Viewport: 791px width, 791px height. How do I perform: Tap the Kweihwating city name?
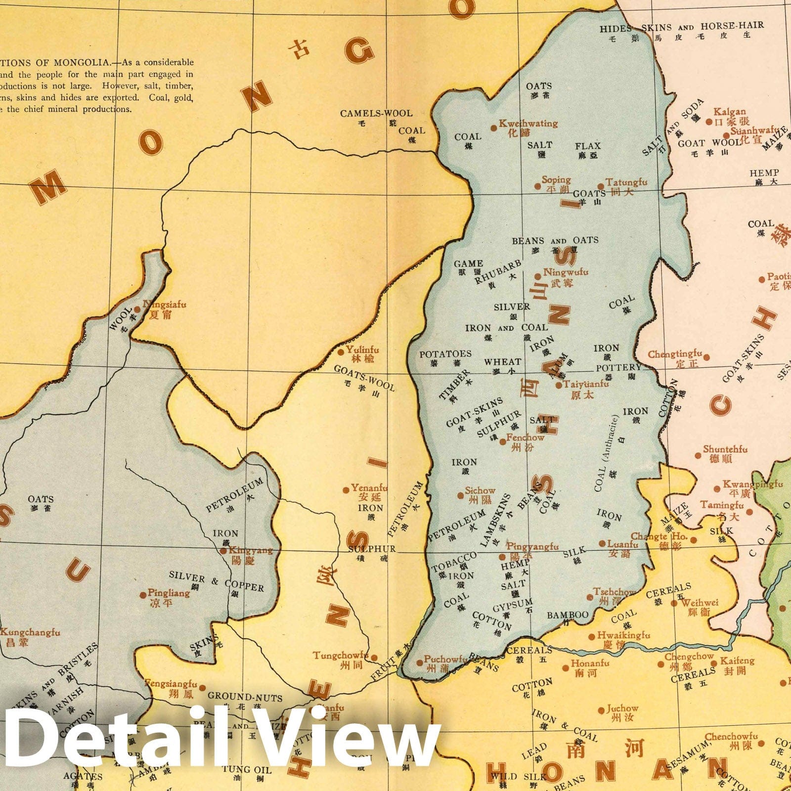(528, 124)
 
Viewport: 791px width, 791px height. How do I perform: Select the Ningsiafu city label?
(165, 305)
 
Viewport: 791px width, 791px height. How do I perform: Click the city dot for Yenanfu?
(346, 490)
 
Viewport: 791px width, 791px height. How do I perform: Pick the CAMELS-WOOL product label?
(376, 113)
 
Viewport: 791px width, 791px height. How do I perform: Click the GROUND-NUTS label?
(245, 697)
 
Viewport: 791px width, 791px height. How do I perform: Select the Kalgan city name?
(729, 112)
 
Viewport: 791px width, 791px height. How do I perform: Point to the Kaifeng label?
(737, 660)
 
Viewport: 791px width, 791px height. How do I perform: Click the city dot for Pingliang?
(143, 595)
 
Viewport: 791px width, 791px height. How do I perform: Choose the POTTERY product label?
(618, 368)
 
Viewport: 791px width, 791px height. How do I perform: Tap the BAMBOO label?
(568, 615)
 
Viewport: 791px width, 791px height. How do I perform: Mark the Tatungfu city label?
(626, 182)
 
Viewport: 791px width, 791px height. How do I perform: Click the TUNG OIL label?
(246, 770)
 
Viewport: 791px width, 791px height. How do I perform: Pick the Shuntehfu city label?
(725, 449)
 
